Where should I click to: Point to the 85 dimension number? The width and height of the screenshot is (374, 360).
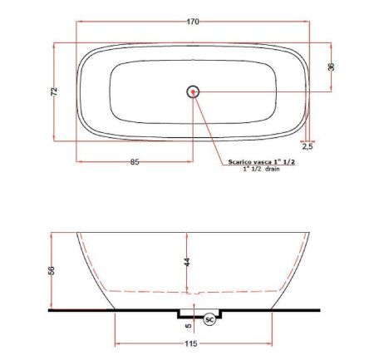click(x=134, y=161)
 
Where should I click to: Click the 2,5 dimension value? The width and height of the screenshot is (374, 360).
click(x=308, y=146)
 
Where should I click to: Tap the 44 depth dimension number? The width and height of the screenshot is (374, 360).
click(x=188, y=262)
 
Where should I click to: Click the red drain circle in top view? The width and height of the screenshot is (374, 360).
click(x=193, y=91)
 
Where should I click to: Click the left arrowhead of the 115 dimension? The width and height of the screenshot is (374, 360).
click(x=116, y=340)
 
